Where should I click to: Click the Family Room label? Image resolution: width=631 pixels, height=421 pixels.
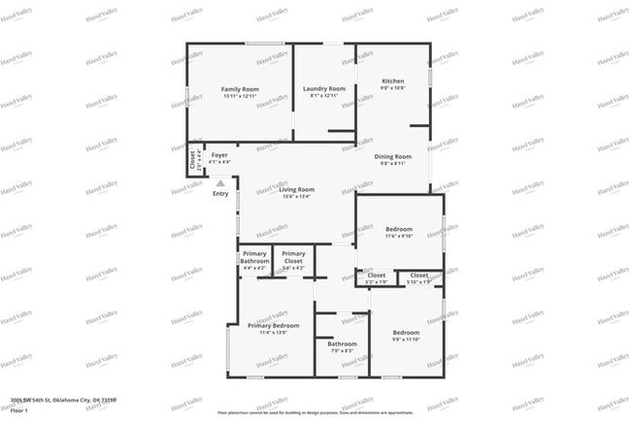(241, 88)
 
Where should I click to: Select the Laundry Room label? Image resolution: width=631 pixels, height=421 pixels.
(324, 88)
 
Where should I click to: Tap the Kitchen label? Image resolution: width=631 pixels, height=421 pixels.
(392, 81)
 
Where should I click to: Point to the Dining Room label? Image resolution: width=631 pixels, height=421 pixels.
(392, 156)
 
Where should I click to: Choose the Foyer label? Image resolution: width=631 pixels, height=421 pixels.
(220, 155)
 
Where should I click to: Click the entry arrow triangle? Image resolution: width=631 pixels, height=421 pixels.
(220, 181)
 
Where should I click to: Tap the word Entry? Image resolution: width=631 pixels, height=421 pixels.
(220, 193)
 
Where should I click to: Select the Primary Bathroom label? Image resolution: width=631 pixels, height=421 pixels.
(254, 257)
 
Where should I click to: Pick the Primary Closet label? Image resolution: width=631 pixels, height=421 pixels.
(293, 257)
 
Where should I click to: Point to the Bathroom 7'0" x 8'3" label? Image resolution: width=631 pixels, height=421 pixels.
(342, 344)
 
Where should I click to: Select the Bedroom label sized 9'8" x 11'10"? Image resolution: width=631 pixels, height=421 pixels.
(406, 332)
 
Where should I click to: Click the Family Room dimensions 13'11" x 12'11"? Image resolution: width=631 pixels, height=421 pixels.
(241, 96)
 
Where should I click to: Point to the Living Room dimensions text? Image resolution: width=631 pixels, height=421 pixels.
(296, 197)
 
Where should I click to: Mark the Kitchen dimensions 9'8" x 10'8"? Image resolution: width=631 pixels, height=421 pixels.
(392, 88)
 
